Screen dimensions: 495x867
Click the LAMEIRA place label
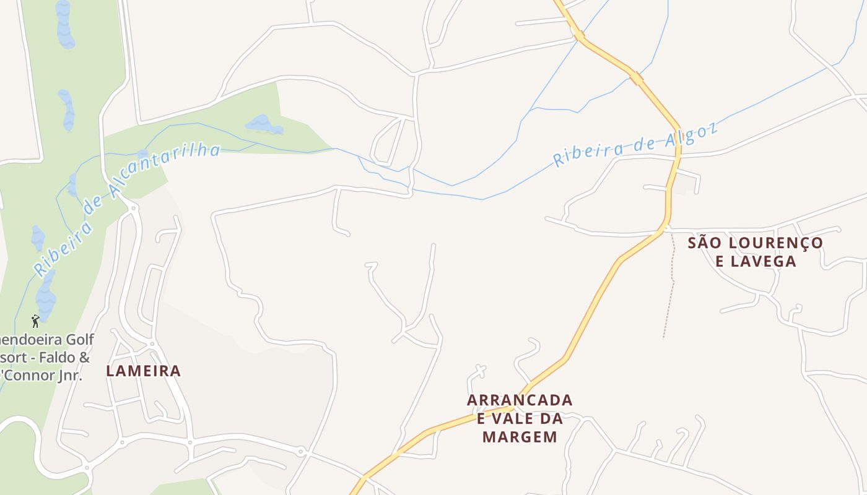pos(143,371)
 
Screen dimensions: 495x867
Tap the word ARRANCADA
pos(520,400)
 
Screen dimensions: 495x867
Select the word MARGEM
pos(520,437)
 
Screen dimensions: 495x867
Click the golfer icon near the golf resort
pos(35,321)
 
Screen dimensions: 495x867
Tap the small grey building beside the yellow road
pos(684,184)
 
